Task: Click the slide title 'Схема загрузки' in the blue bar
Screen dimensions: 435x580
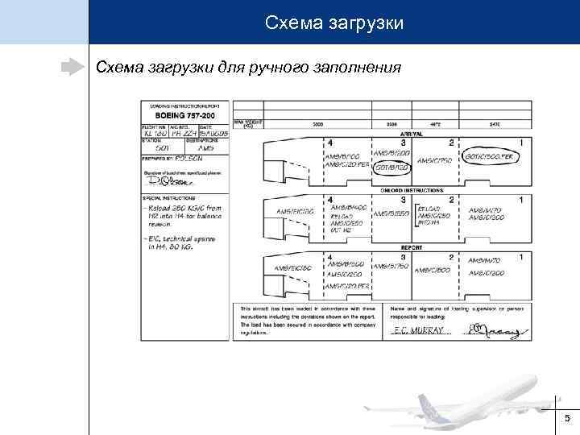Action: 333,23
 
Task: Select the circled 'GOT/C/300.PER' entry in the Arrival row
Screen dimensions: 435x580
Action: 489,155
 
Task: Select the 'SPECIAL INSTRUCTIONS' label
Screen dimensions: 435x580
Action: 168,197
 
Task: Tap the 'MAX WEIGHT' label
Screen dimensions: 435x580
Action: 247,122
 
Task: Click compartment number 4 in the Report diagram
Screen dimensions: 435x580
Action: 329,257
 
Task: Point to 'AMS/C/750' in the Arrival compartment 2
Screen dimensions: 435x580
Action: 433,161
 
